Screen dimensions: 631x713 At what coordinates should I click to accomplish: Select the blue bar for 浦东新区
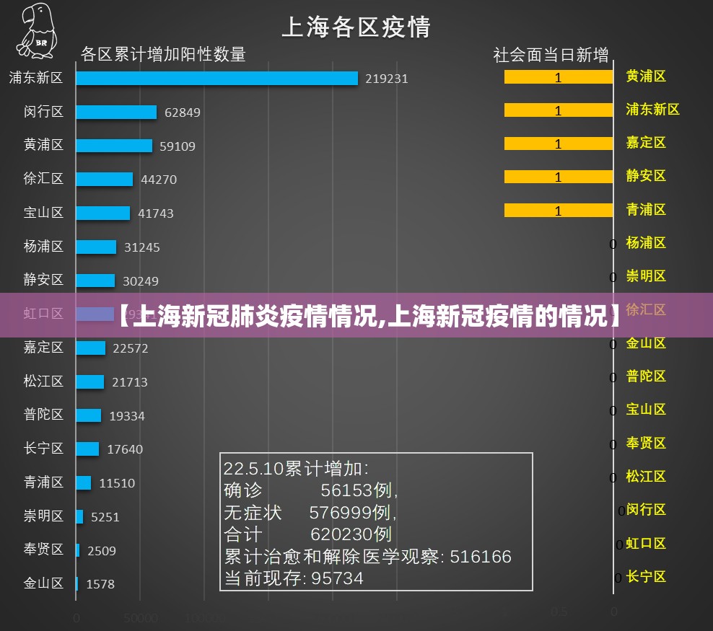pos(216,78)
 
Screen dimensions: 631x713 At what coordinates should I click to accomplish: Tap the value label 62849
pos(183,112)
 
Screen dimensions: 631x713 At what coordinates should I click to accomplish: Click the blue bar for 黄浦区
pos(114,146)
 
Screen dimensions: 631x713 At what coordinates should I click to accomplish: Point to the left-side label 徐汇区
pos(43,178)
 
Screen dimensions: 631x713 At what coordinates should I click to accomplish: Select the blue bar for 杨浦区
pos(96,247)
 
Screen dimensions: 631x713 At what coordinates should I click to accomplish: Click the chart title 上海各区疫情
pos(356,27)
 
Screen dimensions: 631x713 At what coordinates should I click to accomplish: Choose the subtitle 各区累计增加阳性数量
pos(163,54)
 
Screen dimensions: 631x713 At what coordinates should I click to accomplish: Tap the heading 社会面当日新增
pos(551,55)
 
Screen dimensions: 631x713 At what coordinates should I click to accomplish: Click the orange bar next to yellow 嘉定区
pos(558,144)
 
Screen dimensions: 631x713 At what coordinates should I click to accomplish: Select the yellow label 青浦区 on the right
pos(646,209)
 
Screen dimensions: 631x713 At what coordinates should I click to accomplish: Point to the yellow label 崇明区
pos(646,275)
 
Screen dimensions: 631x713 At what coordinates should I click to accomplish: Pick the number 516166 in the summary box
pos(481,557)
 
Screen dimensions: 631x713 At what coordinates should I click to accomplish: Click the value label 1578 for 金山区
pos(100,584)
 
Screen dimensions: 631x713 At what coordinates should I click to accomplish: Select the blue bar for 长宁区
pos(87,449)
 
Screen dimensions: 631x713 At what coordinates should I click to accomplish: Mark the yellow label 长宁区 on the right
pos(646,576)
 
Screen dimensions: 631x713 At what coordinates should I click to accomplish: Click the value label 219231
pos(386,79)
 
